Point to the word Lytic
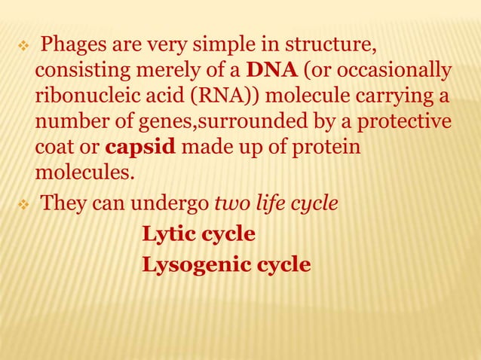click(x=171, y=235)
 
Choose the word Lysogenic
click(x=191, y=265)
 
